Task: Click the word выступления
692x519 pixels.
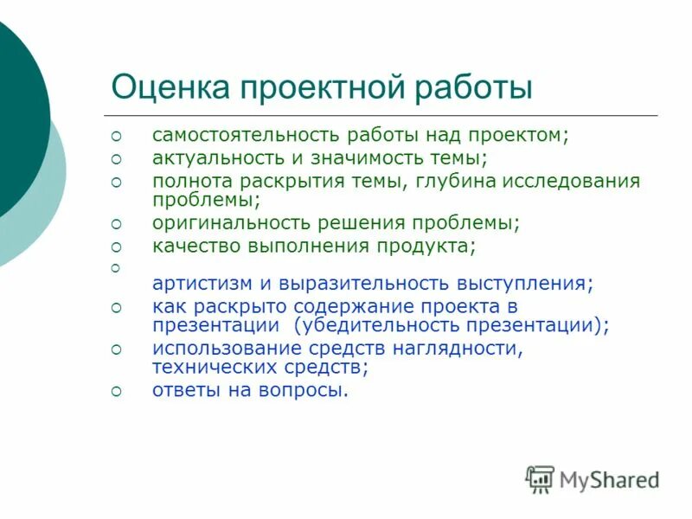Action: [x=531, y=284]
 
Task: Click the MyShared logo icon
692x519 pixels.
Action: [x=540, y=478]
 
